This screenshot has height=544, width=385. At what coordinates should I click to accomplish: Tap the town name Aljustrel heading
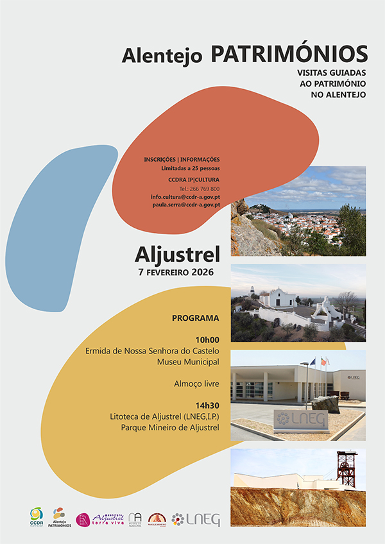click(177, 255)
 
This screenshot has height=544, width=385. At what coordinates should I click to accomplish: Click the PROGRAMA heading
click(196, 318)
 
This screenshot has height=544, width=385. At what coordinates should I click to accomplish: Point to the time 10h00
click(207, 339)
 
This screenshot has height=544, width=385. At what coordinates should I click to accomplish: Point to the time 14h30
click(207, 405)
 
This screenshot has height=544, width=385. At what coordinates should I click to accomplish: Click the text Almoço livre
click(196, 384)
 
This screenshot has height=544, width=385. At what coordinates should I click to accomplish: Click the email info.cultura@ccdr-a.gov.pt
click(185, 196)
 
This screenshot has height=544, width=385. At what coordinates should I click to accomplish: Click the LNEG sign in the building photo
click(301, 420)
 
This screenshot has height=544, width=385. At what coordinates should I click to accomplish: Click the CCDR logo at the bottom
click(37, 516)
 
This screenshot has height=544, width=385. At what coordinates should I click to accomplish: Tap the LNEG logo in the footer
click(196, 519)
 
